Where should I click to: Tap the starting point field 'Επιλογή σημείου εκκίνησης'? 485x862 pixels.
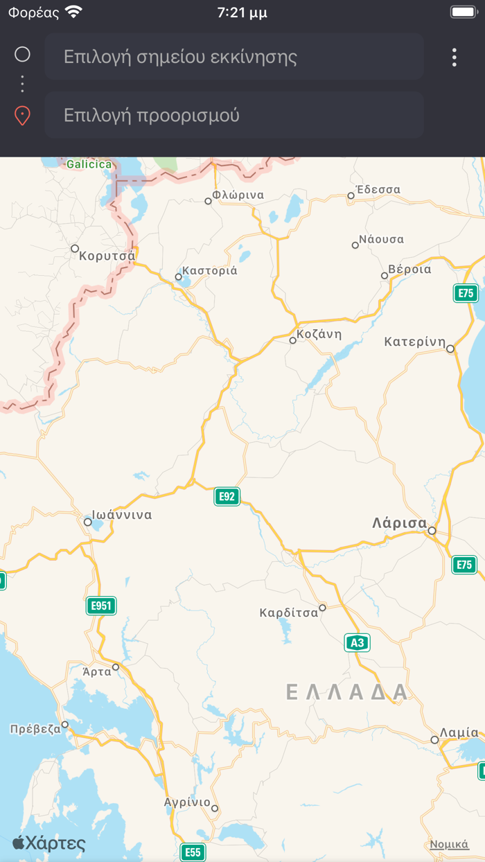click(234, 56)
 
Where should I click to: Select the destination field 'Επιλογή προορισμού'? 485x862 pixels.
click(234, 115)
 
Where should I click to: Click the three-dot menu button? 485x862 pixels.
click(455, 57)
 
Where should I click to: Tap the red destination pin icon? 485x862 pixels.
click(22, 115)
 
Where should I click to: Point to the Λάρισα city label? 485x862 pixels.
click(399, 522)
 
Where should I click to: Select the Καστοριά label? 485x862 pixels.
click(209, 270)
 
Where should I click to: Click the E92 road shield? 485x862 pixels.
click(227, 496)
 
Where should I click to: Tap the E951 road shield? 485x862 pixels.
click(101, 606)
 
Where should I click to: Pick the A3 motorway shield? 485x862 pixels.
click(357, 642)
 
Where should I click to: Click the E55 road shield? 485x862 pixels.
click(193, 852)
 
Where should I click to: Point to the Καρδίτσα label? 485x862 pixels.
click(288, 613)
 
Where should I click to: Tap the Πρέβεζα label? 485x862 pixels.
click(35, 729)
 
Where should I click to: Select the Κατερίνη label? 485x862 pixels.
click(414, 342)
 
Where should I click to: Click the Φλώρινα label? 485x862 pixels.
click(238, 195)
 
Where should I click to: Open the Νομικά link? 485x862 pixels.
click(449, 844)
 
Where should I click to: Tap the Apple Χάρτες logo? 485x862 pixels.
click(49, 843)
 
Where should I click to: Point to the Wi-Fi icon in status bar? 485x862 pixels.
click(73, 12)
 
